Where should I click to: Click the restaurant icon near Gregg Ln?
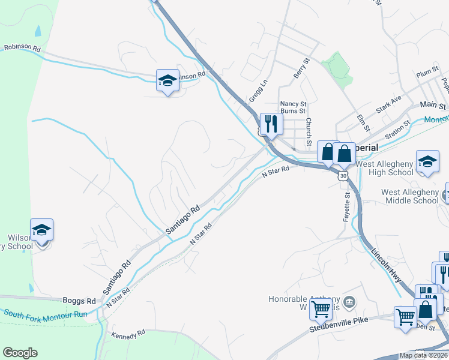coord(271,124)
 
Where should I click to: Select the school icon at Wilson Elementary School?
coord(42,230)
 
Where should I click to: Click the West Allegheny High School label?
coord(384,169)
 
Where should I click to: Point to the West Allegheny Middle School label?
coord(410,196)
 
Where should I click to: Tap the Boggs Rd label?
coord(79,301)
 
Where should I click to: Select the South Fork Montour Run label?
coord(46,314)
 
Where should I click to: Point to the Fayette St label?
coord(346,206)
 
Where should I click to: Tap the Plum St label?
coord(427,73)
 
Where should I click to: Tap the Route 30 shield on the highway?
coord(342,175)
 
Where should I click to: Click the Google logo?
coord(20,353)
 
